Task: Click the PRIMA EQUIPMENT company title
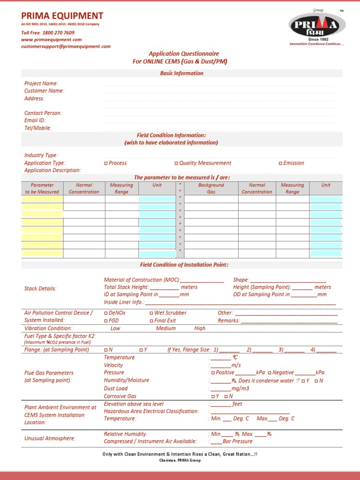(62, 16)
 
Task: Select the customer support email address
(66, 46)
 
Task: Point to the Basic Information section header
(182, 73)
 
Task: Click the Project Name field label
(41, 83)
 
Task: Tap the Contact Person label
(43, 113)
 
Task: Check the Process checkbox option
(106, 163)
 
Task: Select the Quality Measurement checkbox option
(177, 163)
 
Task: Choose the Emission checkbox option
(281, 163)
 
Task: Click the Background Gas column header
(211, 188)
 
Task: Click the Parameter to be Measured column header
(42, 188)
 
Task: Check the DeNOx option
(106, 313)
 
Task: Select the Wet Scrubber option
(151, 313)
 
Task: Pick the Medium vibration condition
(165, 329)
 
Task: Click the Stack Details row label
(40, 289)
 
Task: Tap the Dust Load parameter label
(116, 389)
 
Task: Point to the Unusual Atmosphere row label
(50, 438)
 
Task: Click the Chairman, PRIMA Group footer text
(180, 460)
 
